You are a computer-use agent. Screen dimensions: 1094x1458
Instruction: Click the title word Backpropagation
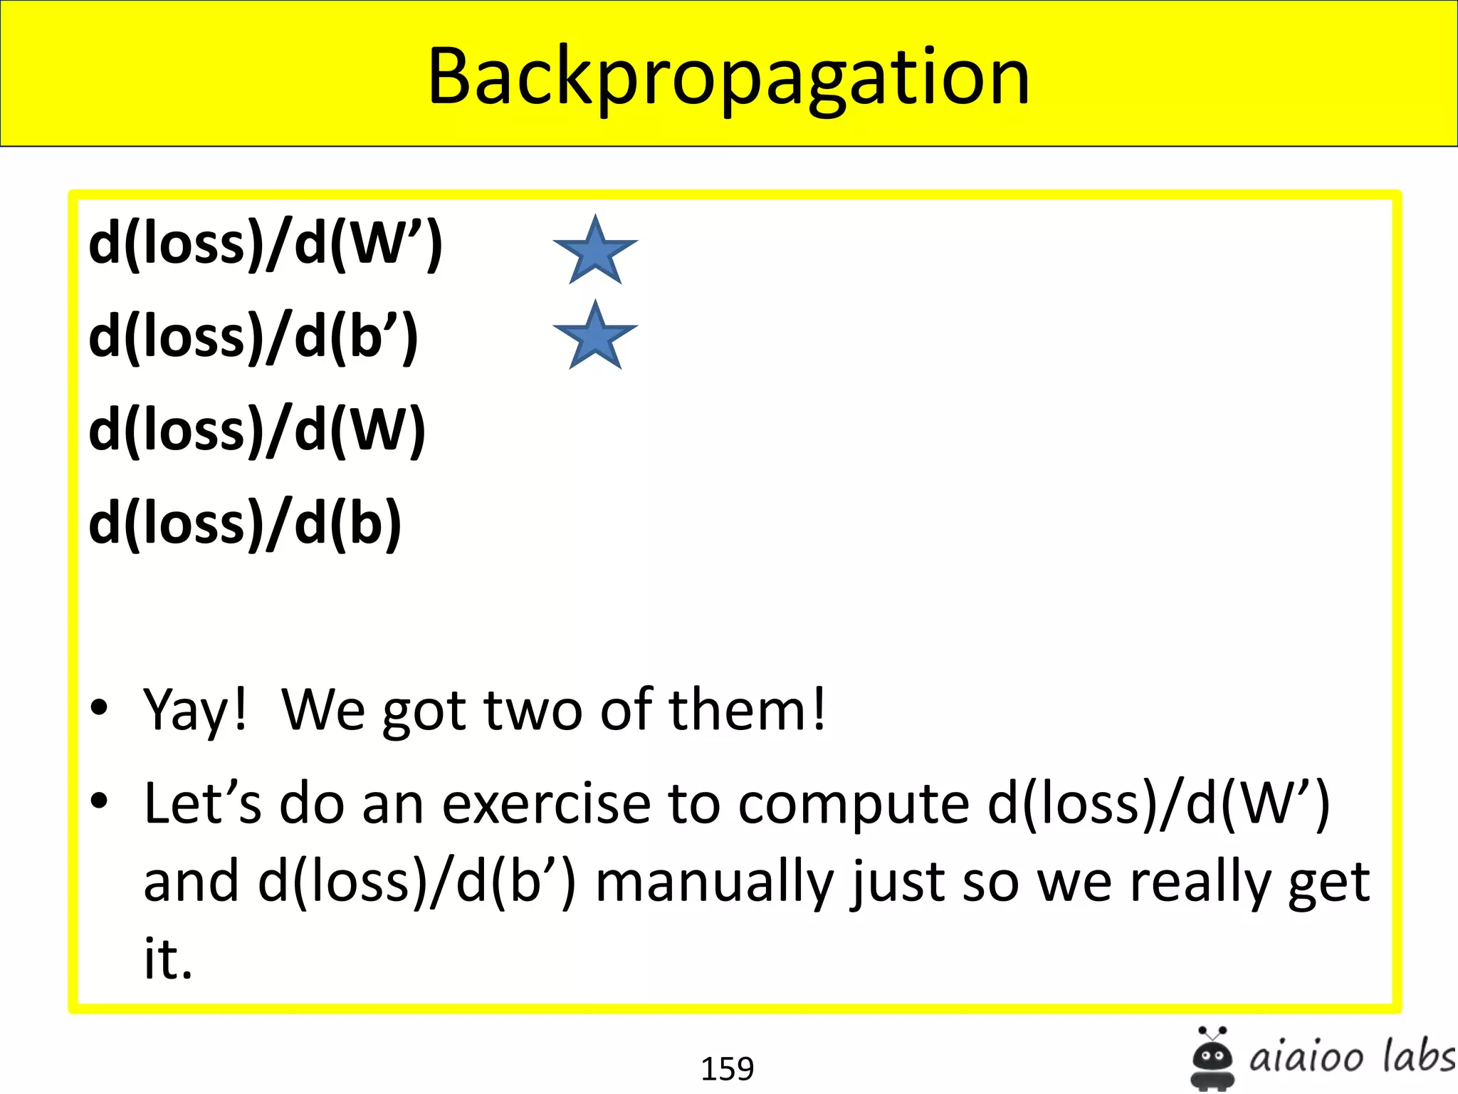click(x=728, y=77)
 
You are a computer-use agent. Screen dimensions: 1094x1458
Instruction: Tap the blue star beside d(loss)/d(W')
click(x=595, y=251)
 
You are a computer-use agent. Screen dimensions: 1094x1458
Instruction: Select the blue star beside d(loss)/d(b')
click(x=595, y=336)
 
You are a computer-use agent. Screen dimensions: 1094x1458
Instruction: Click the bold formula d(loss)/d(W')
click(x=266, y=244)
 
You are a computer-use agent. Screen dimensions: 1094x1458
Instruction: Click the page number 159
click(x=727, y=1068)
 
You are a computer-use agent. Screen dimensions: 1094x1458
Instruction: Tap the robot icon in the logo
click(x=1212, y=1058)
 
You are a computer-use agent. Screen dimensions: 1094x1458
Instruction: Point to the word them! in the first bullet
click(x=748, y=710)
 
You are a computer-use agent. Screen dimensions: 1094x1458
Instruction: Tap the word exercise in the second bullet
click(x=546, y=803)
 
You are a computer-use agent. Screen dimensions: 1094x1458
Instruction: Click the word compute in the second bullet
click(x=854, y=803)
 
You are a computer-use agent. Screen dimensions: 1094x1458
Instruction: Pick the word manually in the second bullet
click(x=714, y=882)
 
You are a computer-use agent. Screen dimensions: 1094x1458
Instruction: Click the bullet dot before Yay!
click(x=99, y=707)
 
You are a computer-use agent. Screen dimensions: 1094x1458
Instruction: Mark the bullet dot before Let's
click(x=99, y=801)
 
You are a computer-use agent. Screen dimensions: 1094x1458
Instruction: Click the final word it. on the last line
click(x=168, y=959)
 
